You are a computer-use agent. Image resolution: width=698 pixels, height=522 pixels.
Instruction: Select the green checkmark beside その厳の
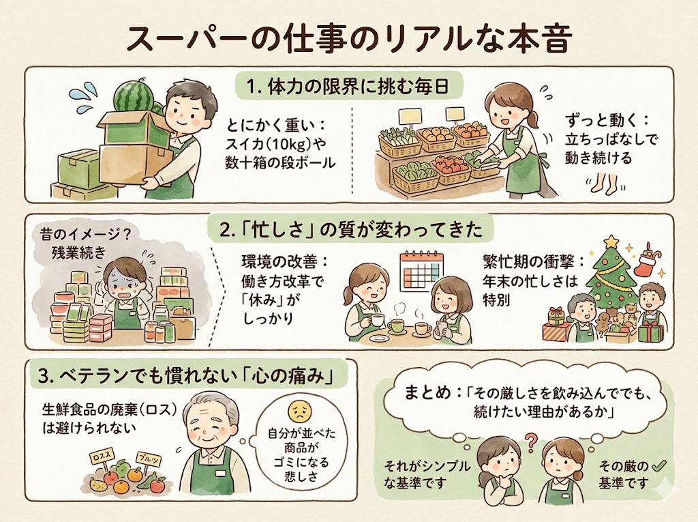point(658,467)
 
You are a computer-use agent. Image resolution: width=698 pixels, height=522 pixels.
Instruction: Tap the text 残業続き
point(78,252)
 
